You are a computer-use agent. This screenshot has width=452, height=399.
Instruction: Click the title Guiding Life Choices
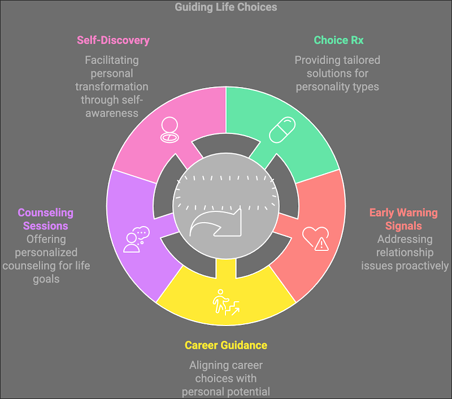[225, 7]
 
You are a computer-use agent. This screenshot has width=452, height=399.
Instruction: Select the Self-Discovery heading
[113, 40]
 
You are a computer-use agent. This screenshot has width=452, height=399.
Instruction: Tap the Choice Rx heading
[338, 40]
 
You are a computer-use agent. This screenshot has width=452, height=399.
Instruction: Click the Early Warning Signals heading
[403, 219]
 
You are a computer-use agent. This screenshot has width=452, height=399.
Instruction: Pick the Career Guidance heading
[225, 345]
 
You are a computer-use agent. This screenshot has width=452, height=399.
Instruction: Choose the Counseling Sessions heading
[46, 219]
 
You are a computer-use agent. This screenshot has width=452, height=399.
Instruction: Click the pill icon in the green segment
[282, 130]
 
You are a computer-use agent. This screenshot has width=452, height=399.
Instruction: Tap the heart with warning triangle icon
[316, 238]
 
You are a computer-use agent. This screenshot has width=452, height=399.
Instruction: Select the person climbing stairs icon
[226, 302]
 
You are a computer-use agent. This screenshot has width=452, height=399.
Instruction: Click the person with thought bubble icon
[136, 240]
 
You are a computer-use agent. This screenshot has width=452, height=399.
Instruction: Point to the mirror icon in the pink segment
[169, 130]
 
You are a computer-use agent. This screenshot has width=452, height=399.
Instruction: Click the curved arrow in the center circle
[215, 223]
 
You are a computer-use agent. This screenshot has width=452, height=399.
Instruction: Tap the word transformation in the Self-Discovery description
[112, 87]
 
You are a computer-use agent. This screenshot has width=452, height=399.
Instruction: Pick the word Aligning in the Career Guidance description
[206, 366]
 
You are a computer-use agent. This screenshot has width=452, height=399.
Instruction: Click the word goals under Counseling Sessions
[46, 279]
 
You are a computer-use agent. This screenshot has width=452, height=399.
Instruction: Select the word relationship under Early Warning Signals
[405, 253]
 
